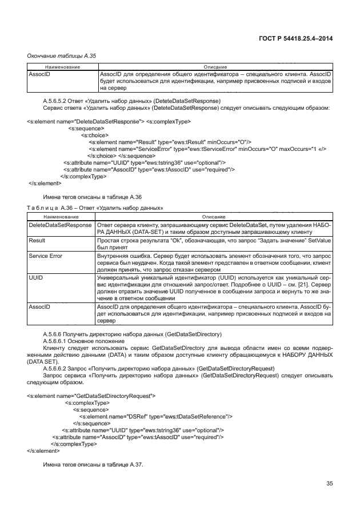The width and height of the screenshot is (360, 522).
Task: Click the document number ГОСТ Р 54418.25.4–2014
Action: click(297, 38)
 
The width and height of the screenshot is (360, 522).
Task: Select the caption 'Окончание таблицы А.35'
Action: click(62, 55)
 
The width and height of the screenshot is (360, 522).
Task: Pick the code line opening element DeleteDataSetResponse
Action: click(109, 122)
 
